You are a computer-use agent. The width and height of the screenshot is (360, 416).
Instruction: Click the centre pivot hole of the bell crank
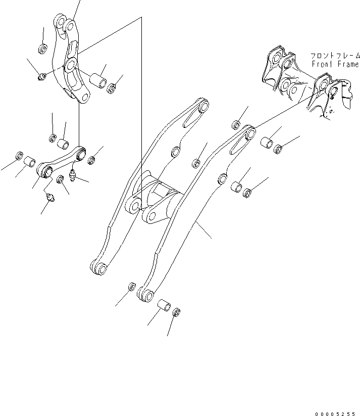point(70,64)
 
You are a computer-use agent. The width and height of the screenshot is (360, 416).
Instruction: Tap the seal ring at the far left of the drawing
point(20,155)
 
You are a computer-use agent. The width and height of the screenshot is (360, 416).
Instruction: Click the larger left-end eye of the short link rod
point(44,172)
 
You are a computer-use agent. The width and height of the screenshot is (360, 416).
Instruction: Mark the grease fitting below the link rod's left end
point(49,198)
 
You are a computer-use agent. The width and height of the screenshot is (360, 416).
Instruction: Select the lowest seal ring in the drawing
point(177,313)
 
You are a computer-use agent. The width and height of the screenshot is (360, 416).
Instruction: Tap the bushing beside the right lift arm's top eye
point(267,142)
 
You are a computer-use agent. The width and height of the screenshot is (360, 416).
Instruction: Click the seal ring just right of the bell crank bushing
point(113,86)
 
